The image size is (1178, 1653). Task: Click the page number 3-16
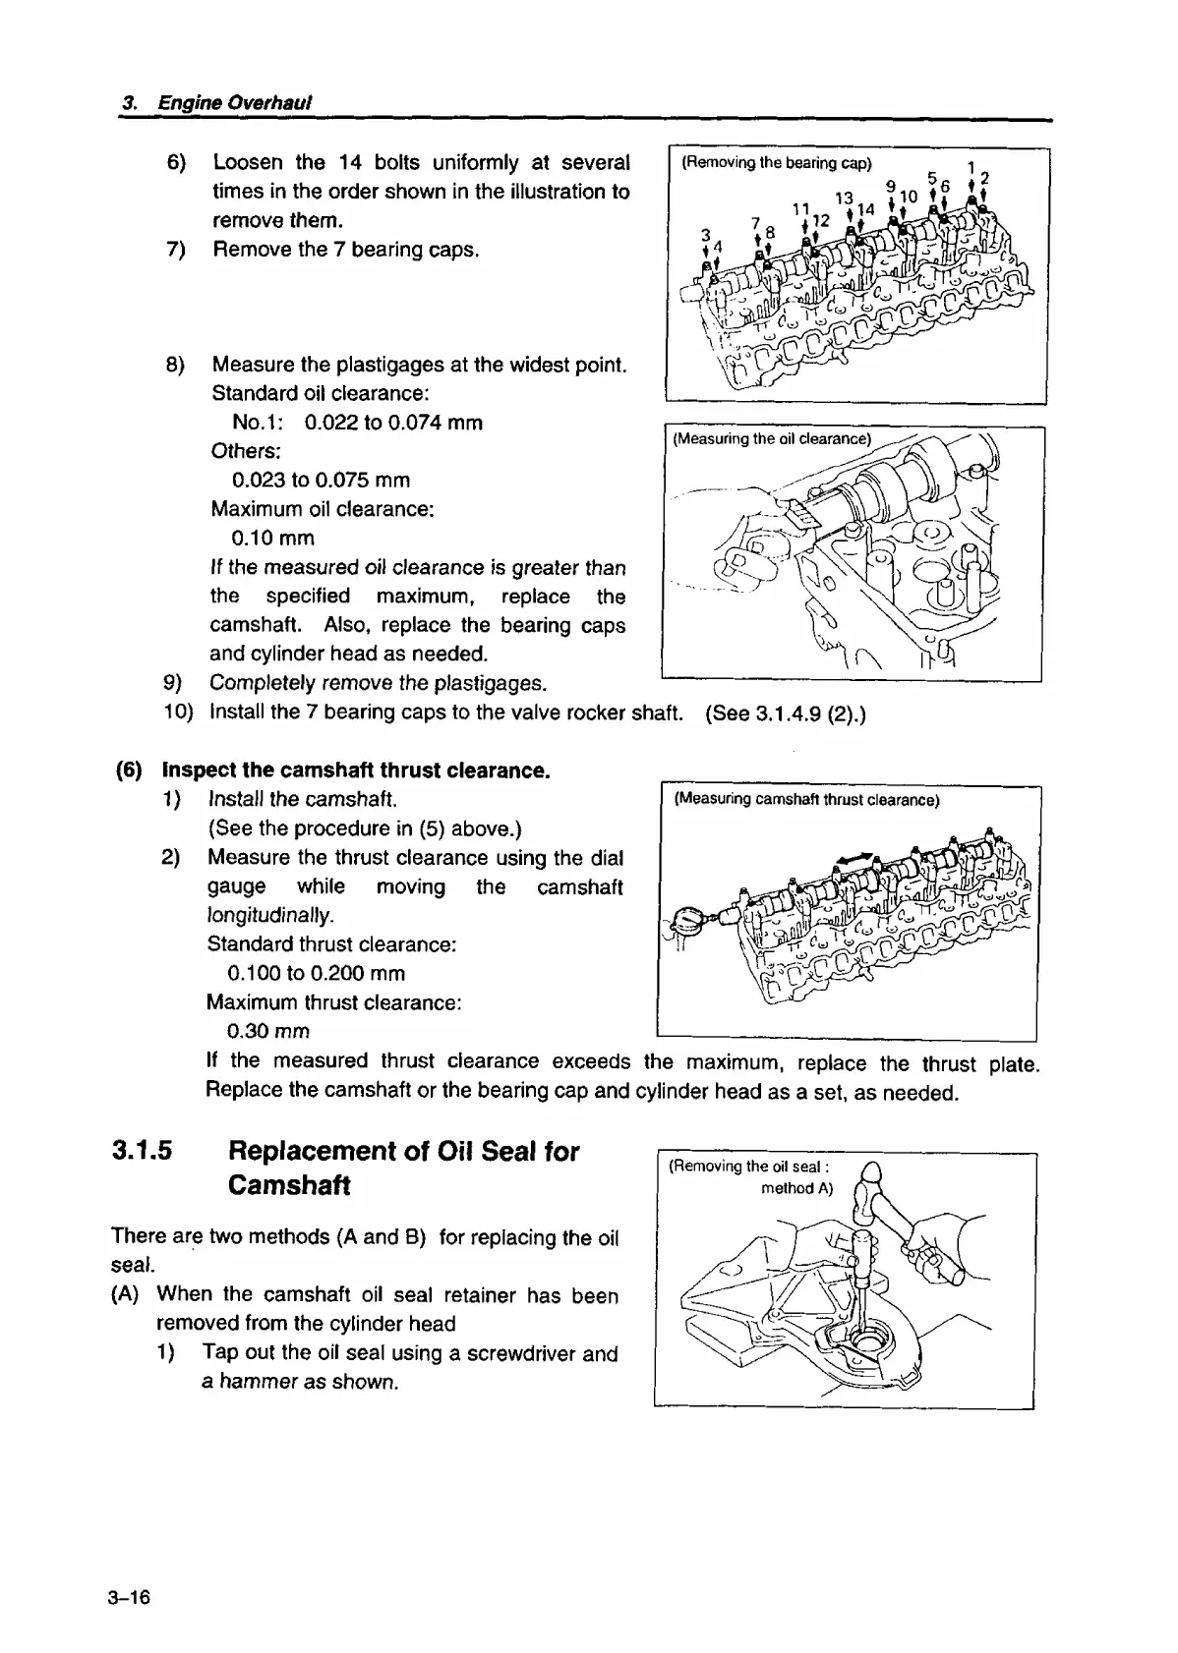130,1597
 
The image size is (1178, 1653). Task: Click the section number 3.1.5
143,1151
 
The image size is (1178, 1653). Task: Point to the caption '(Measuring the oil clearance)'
772,439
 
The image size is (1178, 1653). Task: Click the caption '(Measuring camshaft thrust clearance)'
806,800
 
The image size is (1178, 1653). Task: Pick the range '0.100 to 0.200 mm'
316,974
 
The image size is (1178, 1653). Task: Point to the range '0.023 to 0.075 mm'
322,481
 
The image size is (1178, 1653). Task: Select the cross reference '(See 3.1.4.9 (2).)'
786,712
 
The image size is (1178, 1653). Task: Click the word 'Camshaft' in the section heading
289,1185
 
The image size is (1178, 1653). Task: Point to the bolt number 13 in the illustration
844,198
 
